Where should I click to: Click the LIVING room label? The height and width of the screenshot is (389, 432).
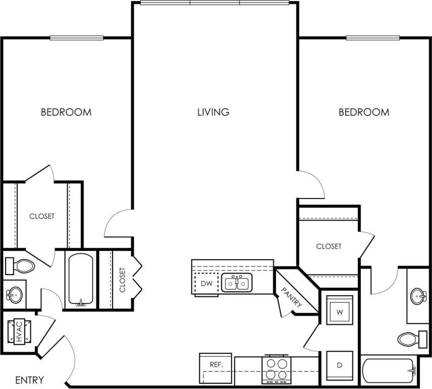pos(213,112)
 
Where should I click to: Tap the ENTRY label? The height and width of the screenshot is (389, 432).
pos(29,380)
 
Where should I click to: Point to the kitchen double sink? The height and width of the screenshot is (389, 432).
pos(237,284)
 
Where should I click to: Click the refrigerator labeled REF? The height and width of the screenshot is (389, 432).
pos(216,364)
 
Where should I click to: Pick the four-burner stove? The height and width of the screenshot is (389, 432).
pos(277,368)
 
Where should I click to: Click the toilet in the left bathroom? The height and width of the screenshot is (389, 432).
pos(19,265)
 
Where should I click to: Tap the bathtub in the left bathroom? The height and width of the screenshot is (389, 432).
pos(80,280)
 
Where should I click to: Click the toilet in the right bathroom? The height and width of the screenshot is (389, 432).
pos(411,339)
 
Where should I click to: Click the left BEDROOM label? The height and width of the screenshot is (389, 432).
pos(66,112)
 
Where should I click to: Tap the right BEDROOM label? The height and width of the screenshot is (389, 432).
pos(364,112)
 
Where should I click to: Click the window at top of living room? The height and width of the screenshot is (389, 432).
pos(214,3)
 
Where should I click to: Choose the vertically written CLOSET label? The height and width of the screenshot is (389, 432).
pos(122,280)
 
